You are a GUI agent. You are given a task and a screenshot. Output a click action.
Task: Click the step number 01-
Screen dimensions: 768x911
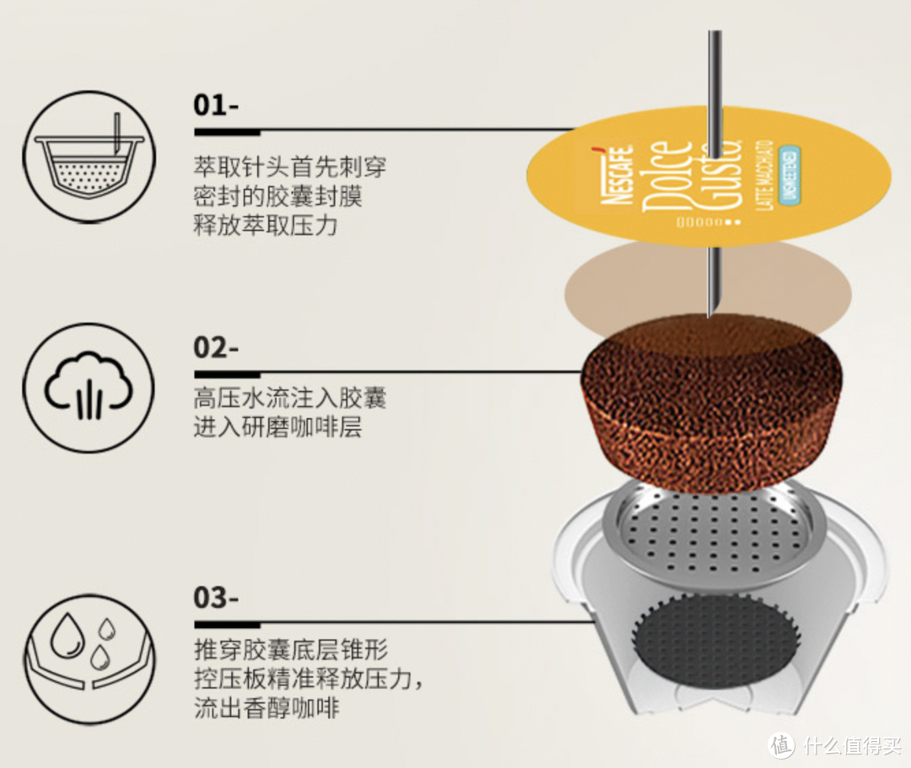point(216,105)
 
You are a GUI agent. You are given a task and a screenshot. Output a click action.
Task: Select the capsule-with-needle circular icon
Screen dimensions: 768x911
point(89,158)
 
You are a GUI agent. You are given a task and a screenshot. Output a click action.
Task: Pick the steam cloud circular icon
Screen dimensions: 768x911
point(89,388)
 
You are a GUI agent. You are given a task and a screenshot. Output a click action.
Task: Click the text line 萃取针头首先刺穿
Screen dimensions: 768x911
point(289,166)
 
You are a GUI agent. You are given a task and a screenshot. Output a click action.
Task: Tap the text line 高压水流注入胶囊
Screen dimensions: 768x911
point(289,398)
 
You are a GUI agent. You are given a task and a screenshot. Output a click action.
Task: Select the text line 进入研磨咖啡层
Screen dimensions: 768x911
point(278,427)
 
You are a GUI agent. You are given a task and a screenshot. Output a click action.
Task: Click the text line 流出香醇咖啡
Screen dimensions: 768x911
point(266,707)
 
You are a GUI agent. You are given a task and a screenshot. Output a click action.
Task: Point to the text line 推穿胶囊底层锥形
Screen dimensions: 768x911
point(289,649)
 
